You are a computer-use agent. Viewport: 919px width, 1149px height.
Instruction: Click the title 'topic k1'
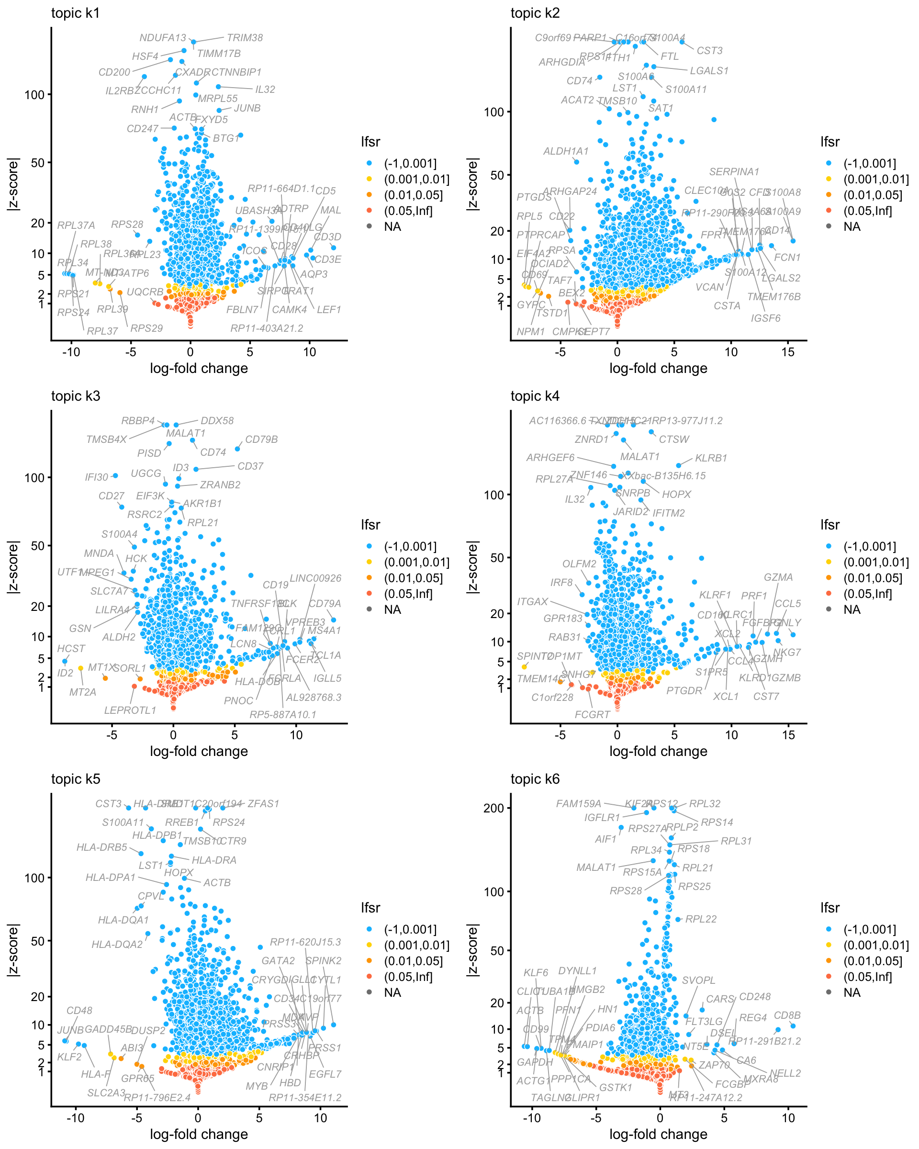point(75,13)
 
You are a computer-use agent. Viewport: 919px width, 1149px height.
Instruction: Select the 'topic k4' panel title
point(535,396)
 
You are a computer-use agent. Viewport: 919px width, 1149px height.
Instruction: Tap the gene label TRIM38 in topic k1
point(245,38)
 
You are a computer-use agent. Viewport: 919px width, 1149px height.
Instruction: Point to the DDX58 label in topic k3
point(217,420)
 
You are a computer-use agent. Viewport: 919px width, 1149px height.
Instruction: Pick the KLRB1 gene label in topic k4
point(711,458)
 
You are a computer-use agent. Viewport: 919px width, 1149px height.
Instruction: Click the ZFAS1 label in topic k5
point(263,803)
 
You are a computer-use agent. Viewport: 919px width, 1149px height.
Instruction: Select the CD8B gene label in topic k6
point(787,1015)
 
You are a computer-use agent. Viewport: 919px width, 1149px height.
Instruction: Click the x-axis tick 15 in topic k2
point(788,352)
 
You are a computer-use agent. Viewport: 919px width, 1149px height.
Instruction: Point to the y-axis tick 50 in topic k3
point(37,546)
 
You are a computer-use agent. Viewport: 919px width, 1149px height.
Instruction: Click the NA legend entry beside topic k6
point(852,992)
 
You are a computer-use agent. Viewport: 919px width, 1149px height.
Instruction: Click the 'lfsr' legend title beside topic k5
point(370,908)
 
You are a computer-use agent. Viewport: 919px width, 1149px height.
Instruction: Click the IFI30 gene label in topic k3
point(96,477)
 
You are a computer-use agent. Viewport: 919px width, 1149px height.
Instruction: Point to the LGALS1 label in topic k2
point(708,71)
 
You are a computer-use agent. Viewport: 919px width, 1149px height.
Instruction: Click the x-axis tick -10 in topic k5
point(75,1118)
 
